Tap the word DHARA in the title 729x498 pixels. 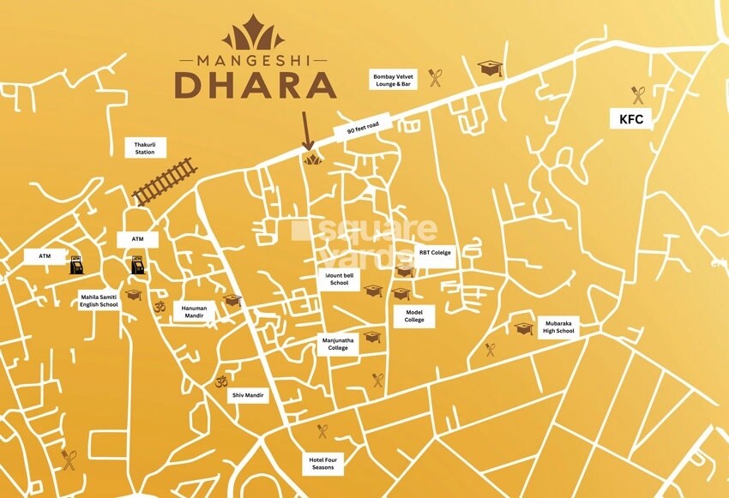(x=254, y=86)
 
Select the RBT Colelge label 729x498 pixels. (x=435, y=253)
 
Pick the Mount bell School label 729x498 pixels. (x=339, y=279)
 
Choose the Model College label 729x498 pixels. (x=415, y=315)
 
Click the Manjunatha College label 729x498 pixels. (x=338, y=344)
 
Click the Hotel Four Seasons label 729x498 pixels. (x=322, y=464)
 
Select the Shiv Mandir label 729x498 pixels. (x=249, y=396)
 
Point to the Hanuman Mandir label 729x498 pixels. (x=190, y=309)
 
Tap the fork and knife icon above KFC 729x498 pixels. (x=638, y=93)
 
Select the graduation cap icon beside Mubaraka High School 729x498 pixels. (x=523, y=328)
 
